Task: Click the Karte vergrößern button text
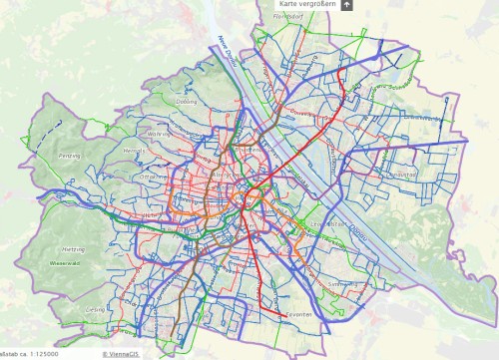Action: [306, 5]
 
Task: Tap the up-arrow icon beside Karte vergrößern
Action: [346, 5]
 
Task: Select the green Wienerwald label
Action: [64, 262]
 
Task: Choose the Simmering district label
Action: [341, 283]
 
